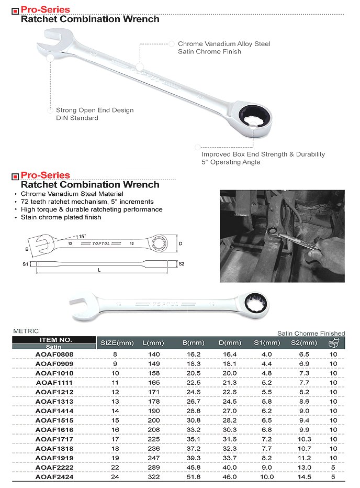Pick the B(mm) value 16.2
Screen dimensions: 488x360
[x=194, y=354]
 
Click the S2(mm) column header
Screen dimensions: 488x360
[x=303, y=343]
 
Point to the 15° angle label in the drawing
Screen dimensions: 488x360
[x=82, y=237]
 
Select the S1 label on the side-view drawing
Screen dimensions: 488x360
[x=25, y=264]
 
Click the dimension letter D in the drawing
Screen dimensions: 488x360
[x=181, y=243]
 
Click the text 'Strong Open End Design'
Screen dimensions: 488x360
[x=95, y=110]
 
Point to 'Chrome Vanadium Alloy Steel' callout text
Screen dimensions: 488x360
[x=224, y=44]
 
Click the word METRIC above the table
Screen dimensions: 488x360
[x=26, y=331]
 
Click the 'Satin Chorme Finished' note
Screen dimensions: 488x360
[x=311, y=333]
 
